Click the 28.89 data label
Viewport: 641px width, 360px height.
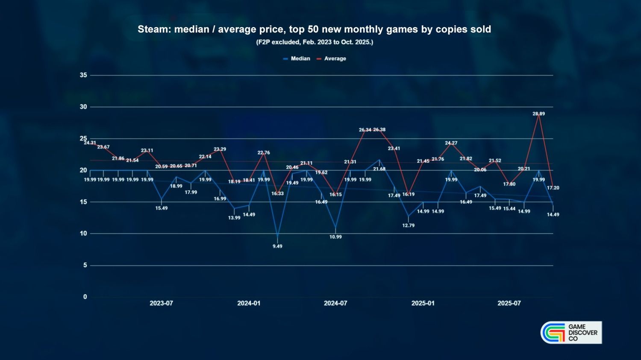click(x=538, y=114)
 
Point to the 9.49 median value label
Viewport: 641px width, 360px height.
click(x=277, y=246)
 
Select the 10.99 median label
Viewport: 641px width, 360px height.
click(x=335, y=237)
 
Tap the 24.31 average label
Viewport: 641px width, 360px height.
click(x=90, y=143)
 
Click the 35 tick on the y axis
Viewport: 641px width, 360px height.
click(x=83, y=75)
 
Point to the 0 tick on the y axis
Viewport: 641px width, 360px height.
click(x=85, y=297)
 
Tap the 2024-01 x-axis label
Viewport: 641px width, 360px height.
click(x=249, y=303)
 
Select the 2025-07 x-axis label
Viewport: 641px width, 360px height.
click(x=509, y=303)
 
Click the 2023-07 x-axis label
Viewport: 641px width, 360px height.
click(x=161, y=303)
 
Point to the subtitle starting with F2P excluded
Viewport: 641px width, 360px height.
click(x=315, y=42)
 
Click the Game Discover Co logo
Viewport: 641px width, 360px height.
click(x=571, y=333)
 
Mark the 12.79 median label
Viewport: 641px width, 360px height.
click(x=408, y=225)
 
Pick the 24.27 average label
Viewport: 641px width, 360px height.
click(x=451, y=143)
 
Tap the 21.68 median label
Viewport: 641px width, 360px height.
click(x=379, y=169)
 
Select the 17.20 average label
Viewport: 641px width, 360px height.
click(x=553, y=188)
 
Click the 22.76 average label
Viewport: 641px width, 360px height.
click(x=264, y=153)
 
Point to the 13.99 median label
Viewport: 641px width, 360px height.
click(x=234, y=218)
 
